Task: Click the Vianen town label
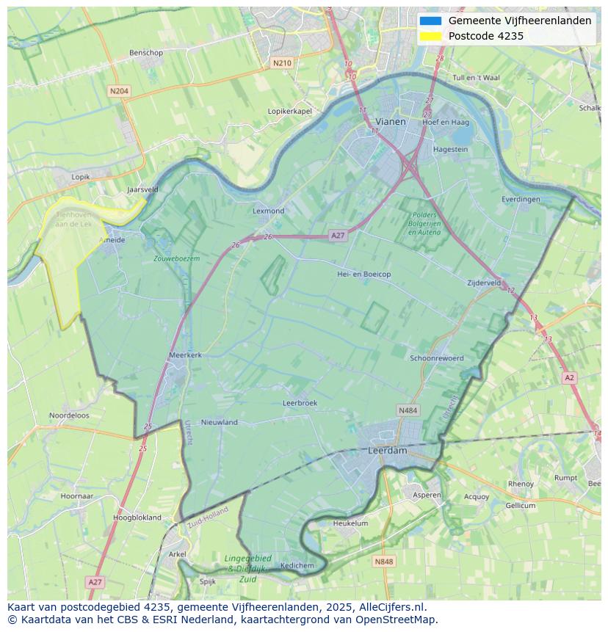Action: [x=390, y=122]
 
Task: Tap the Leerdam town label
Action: [x=387, y=451]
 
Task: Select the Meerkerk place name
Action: [x=185, y=355]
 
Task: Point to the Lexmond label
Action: [x=268, y=211]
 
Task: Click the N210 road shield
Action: [x=282, y=63]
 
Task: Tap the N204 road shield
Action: [x=118, y=91]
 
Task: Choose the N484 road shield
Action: [x=408, y=410]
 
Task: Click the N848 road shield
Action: [x=383, y=562]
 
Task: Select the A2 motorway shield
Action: [x=569, y=377]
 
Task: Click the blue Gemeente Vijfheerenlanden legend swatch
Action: [x=432, y=21]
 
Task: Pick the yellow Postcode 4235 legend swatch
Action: [x=432, y=36]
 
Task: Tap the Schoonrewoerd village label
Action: [x=437, y=358]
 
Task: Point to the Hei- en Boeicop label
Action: [x=363, y=274]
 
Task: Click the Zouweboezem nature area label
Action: [x=176, y=258]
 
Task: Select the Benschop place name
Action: [x=145, y=53]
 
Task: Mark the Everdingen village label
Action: [x=521, y=199]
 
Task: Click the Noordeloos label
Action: [x=69, y=415]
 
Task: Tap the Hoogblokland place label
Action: [x=137, y=517]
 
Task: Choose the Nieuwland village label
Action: [x=220, y=422]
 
